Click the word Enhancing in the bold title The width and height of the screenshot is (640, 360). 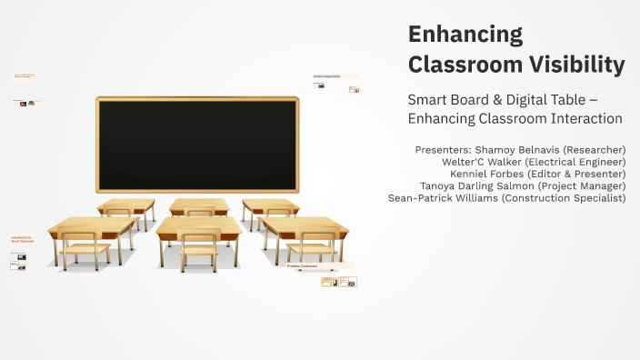pyautogui.click(x=465, y=35)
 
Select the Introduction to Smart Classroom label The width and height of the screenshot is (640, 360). pyautogui.click(x=22, y=240)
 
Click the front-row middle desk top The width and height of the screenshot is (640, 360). pyautogui.click(x=199, y=225)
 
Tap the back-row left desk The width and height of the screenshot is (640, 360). pyautogui.click(x=125, y=204)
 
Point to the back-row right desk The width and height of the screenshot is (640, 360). pyautogui.click(x=270, y=204)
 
